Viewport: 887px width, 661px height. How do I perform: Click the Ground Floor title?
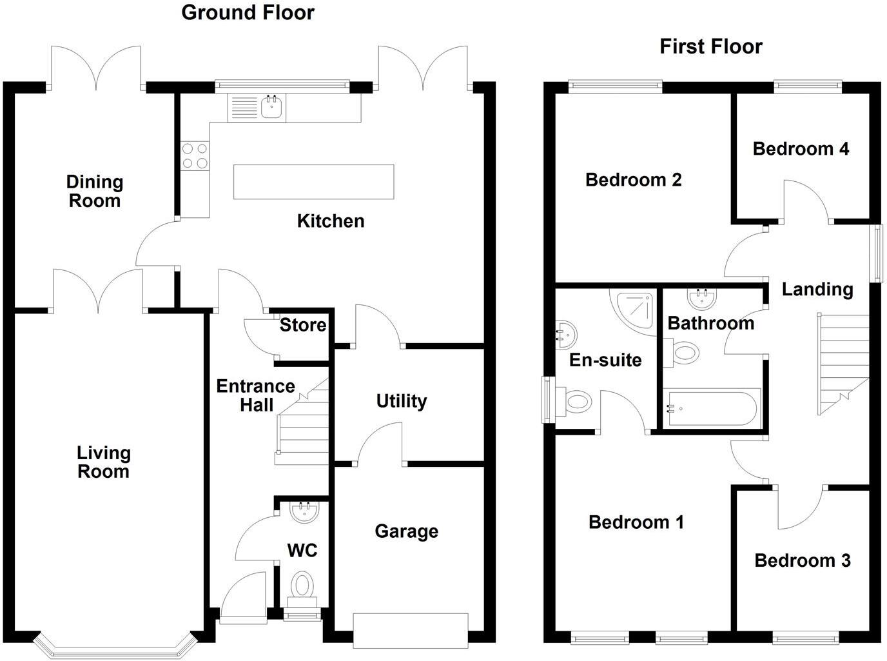pyautogui.click(x=248, y=13)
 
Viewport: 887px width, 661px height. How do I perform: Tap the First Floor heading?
pyautogui.click(x=710, y=46)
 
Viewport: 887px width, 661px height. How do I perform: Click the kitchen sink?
pyautogui.click(x=273, y=107)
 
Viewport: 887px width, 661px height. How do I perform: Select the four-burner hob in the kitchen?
pyautogui.click(x=195, y=155)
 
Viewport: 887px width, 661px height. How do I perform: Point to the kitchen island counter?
pyautogui.click(x=313, y=182)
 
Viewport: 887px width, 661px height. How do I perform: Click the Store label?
pyautogui.click(x=302, y=325)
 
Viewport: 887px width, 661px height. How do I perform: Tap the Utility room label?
pyautogui.click(x=401, y=401)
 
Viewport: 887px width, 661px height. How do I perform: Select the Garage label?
pyautogui.click(x=406, y=531)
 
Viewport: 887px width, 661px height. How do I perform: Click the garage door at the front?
pyautogui.click(x=410, y=630)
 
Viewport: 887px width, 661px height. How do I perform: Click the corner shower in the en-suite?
pyautogui.click(x=634, y=313)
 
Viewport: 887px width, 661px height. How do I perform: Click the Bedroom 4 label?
pyautogui.click(x=801, y=149)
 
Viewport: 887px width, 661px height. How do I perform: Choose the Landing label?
pyautogui.click(x=817, y=290)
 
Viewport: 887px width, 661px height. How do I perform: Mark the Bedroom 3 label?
pyautogui.click(x=802, y=561)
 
